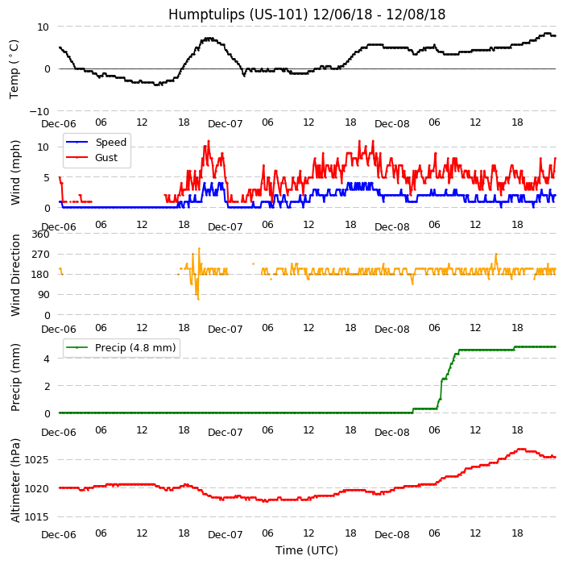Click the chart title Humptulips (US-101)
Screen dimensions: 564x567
tap(306, 15)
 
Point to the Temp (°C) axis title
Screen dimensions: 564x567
tap(14, 68)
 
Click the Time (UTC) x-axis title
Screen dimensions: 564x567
tap(306, 550)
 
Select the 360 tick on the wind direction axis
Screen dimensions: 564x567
tap(40, 234)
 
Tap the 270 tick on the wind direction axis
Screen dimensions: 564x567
tap(40, 255)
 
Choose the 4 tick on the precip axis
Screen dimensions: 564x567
tap(47, 359)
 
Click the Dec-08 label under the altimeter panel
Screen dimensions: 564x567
tap(392, 535)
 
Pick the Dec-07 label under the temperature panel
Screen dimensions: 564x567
tap(226, 125)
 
